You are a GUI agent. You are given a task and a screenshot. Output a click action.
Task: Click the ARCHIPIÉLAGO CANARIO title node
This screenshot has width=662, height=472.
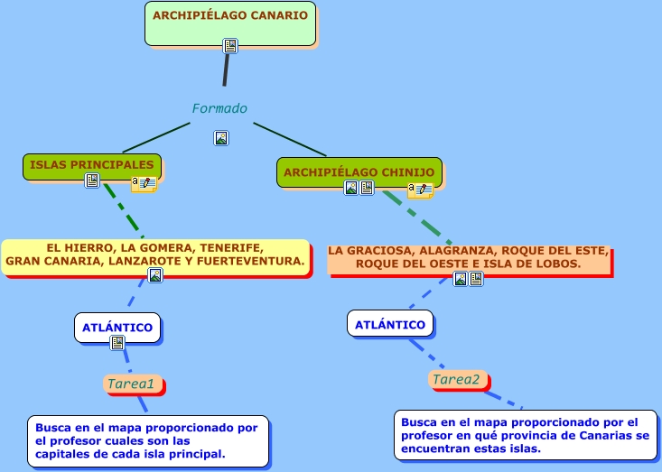230,23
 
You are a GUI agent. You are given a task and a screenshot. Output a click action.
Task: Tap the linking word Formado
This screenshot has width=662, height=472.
219,108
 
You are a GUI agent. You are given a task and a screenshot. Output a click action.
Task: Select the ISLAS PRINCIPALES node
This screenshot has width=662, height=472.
92,167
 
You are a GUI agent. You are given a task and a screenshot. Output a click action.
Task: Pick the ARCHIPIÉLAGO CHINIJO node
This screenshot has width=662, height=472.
359,172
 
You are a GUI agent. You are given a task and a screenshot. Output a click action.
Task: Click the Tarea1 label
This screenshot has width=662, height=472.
130,384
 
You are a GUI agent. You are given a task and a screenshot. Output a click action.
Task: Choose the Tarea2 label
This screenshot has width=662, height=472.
456,380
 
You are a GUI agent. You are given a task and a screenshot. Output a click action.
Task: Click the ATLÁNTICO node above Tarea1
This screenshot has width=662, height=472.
117,328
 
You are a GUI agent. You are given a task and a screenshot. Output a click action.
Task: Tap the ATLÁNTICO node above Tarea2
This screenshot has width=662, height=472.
390,324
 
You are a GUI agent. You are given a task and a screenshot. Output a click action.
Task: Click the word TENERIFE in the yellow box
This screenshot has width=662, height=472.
232,247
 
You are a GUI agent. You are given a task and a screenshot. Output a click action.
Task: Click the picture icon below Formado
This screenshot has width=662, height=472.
221,138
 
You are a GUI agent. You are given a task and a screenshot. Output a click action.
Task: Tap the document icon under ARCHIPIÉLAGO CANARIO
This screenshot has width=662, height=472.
230,46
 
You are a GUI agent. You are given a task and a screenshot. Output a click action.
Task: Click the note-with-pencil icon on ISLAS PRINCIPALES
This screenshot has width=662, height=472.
144,184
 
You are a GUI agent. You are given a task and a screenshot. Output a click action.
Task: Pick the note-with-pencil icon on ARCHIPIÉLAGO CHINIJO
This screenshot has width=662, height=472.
421,190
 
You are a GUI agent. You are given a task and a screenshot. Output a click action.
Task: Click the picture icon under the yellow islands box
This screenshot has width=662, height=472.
155,275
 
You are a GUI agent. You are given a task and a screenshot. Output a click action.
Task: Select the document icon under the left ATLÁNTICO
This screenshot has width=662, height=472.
117,343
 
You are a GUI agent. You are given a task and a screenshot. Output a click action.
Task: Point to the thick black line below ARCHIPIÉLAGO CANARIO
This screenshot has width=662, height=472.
227,70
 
